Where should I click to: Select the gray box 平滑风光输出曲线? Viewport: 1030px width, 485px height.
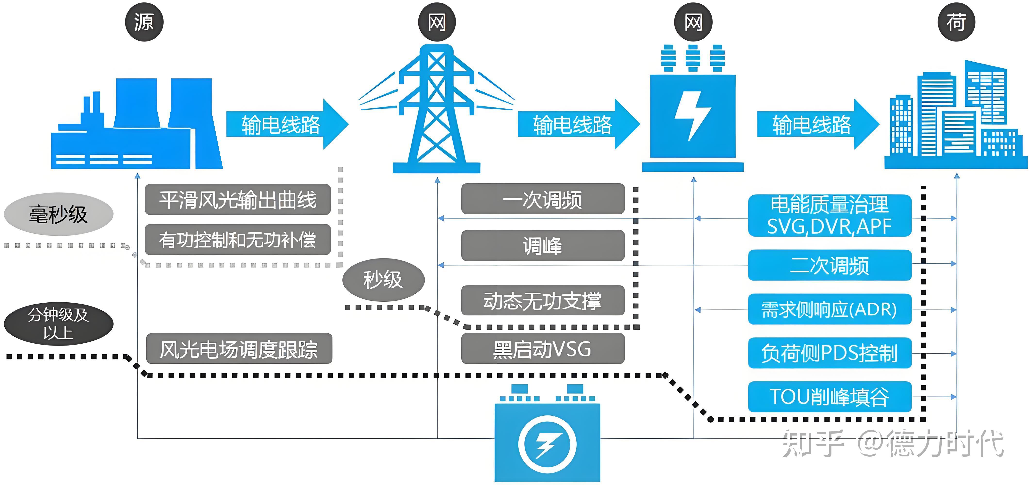point(238,199)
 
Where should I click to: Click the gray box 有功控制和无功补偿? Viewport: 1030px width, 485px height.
point(238,240)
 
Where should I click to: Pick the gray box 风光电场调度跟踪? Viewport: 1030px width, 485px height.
point(239,349)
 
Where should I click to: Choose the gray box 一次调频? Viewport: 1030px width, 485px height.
point(543,199)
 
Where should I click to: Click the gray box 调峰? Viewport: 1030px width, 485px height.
point(543,246)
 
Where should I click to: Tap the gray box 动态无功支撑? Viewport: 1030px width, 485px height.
point(543,300)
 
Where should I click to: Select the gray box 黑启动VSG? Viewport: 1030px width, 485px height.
point(543,349)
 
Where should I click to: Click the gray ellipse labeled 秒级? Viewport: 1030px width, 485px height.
point(383,280)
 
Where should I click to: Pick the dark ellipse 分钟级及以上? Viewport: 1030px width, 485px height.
point(58,323)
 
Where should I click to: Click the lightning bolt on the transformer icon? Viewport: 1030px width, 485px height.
point(692,116)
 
